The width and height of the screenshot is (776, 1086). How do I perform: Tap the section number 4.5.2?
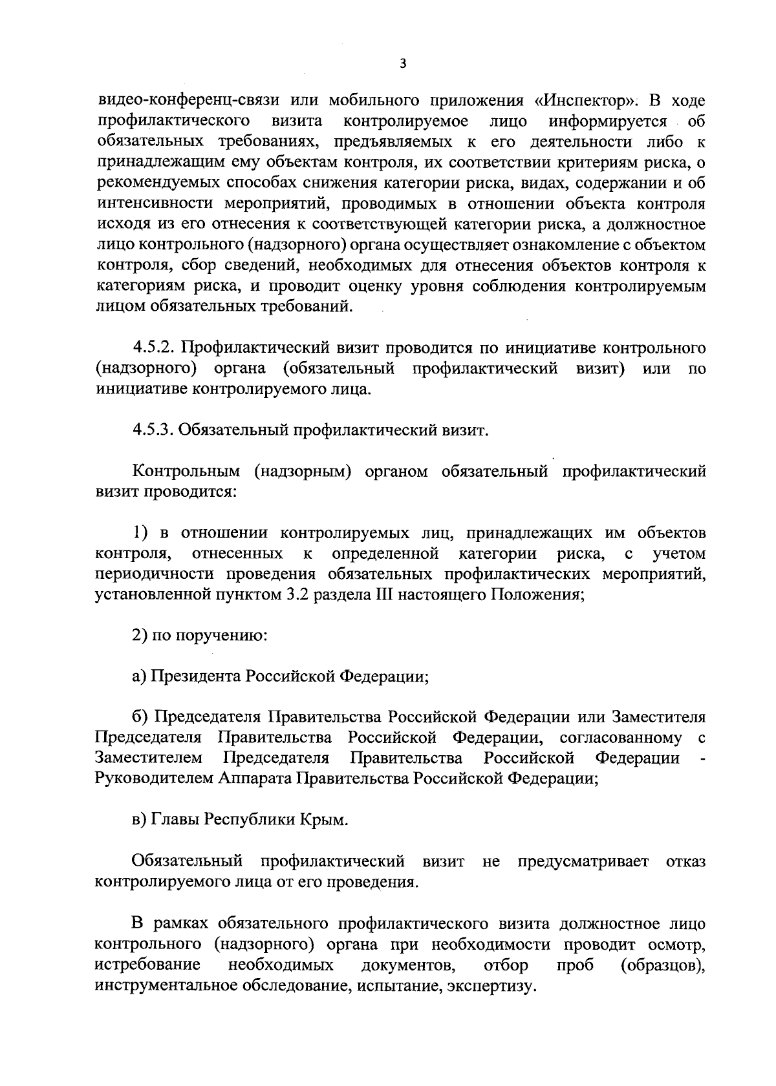click(x=153, y=349)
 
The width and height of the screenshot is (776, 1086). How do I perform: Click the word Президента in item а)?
click(x=196, y=676)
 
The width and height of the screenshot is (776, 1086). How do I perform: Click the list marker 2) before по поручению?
click(x=139, y=636)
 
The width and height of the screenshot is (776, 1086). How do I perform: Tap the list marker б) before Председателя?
click(x=140, y=717)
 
